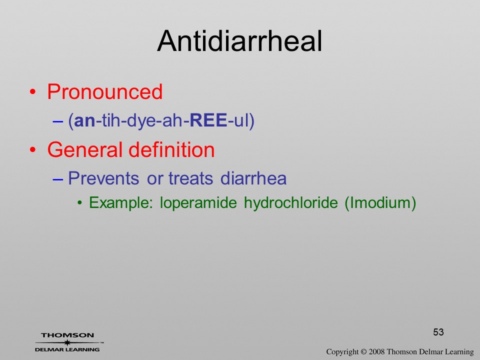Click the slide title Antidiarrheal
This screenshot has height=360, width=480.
239,41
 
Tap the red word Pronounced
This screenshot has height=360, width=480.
104,91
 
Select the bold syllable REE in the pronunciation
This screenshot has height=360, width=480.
208,120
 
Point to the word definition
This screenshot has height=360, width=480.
171,149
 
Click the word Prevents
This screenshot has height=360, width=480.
103,178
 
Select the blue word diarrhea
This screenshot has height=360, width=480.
253,178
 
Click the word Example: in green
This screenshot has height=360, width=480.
121,202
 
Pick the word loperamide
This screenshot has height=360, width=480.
198,202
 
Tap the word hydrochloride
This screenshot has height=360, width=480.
291,202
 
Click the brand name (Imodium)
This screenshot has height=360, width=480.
380,202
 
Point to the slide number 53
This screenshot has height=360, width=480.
438,332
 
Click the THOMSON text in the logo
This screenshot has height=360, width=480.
67,335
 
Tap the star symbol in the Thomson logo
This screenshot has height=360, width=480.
67,342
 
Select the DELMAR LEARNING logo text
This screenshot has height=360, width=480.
67,349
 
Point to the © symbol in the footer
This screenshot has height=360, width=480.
363,352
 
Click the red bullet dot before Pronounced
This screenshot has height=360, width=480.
33,92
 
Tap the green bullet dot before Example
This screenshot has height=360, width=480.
80,203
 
